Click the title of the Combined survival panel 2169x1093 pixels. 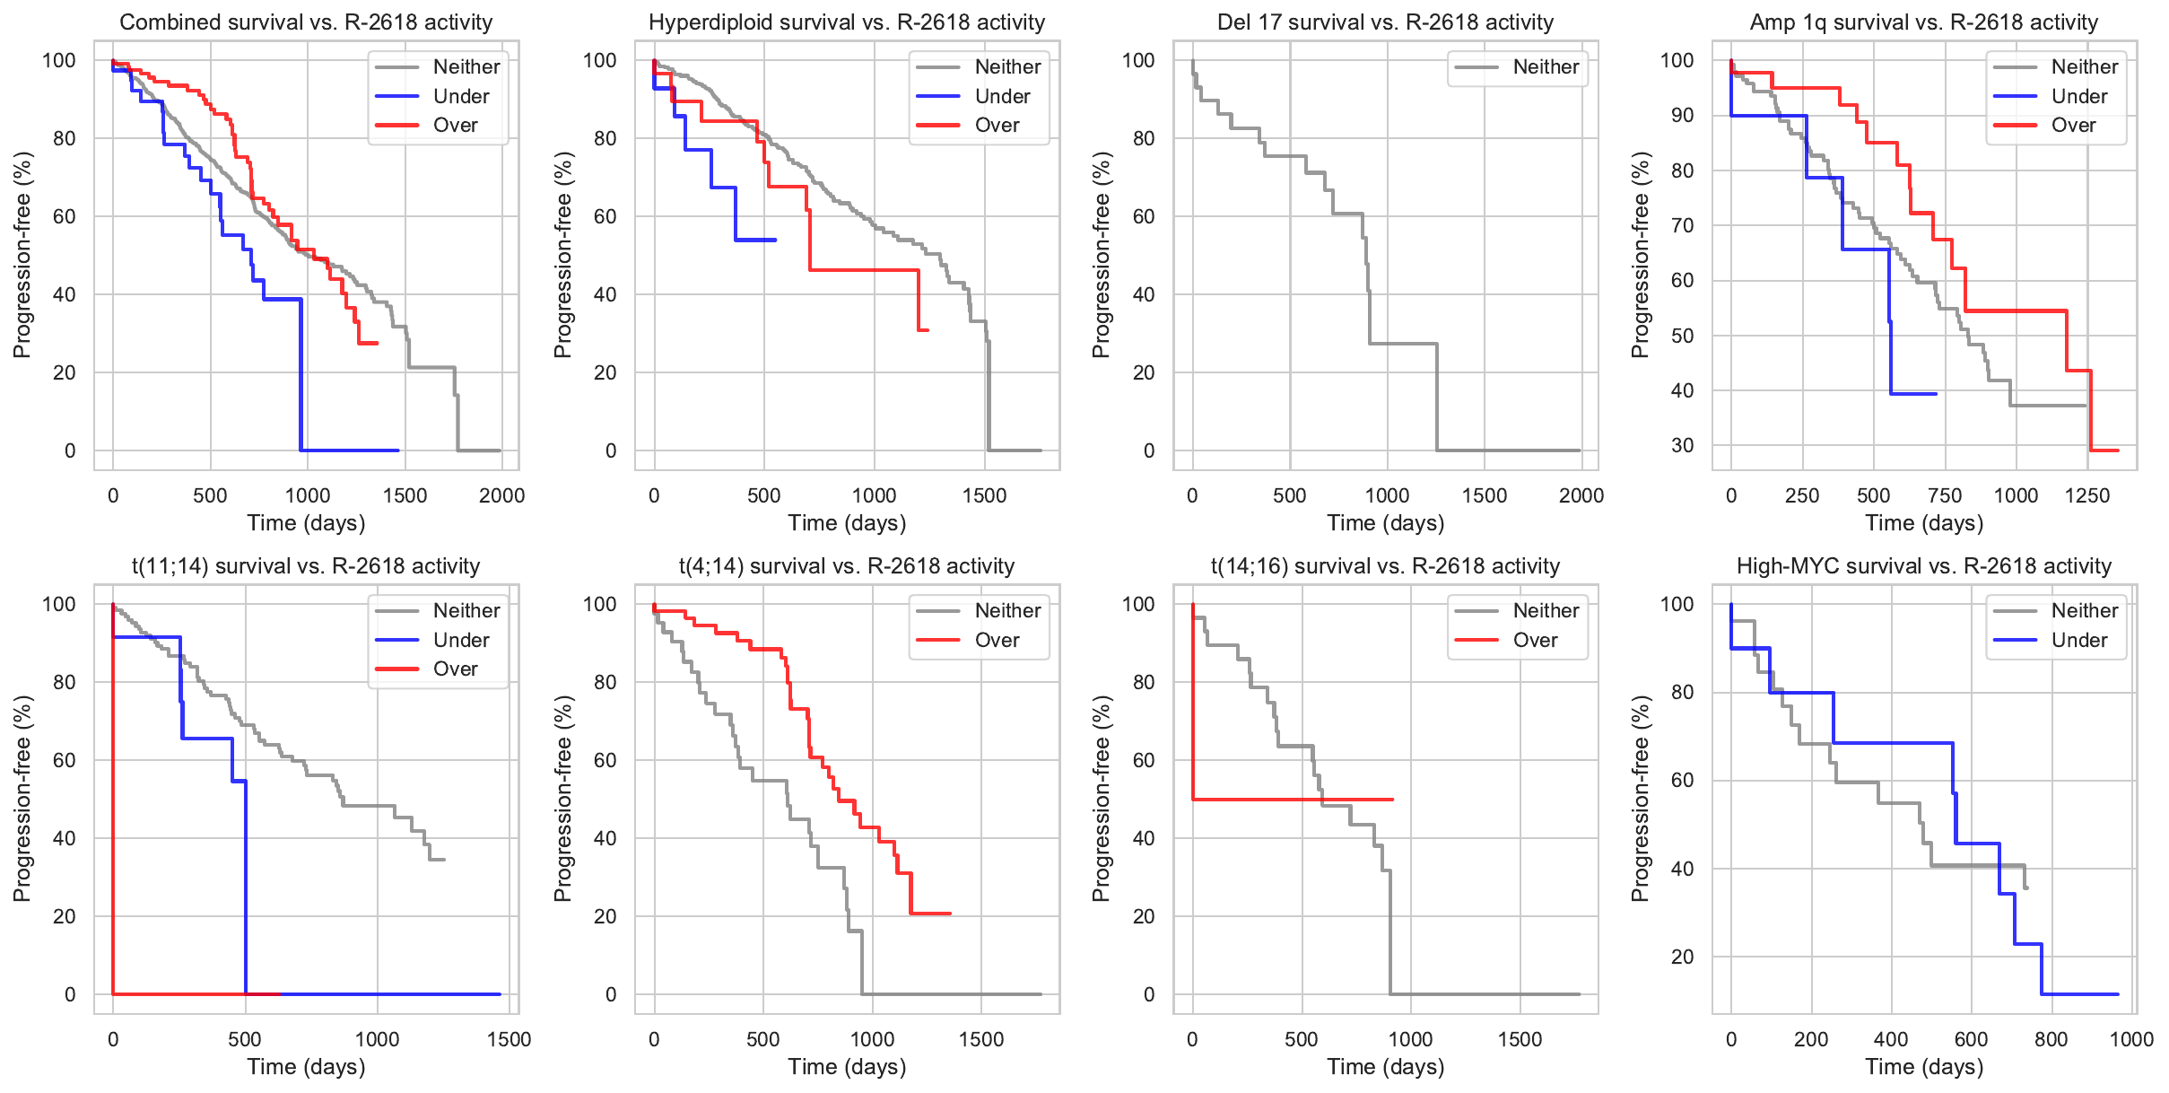(x=306, y=22)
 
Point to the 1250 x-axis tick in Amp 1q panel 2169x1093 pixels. (x=2087, y=495)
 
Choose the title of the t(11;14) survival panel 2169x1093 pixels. (x=306, y=566)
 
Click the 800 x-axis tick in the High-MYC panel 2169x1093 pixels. (x=2051, y=1039)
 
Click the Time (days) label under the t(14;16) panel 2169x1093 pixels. (x=1385, y=1067)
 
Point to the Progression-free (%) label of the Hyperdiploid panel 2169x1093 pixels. (x=562, y=255)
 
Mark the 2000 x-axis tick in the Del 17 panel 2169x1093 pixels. (x=1581, y=495)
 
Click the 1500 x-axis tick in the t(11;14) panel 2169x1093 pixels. (x=509, y=1039)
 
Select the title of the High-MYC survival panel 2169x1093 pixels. (x=1923, y=566)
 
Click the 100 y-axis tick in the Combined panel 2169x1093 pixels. (x=59, y=60)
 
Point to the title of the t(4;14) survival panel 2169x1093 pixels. (x=846, y=566)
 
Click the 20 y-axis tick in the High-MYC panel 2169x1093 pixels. (x=1682, y=957)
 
